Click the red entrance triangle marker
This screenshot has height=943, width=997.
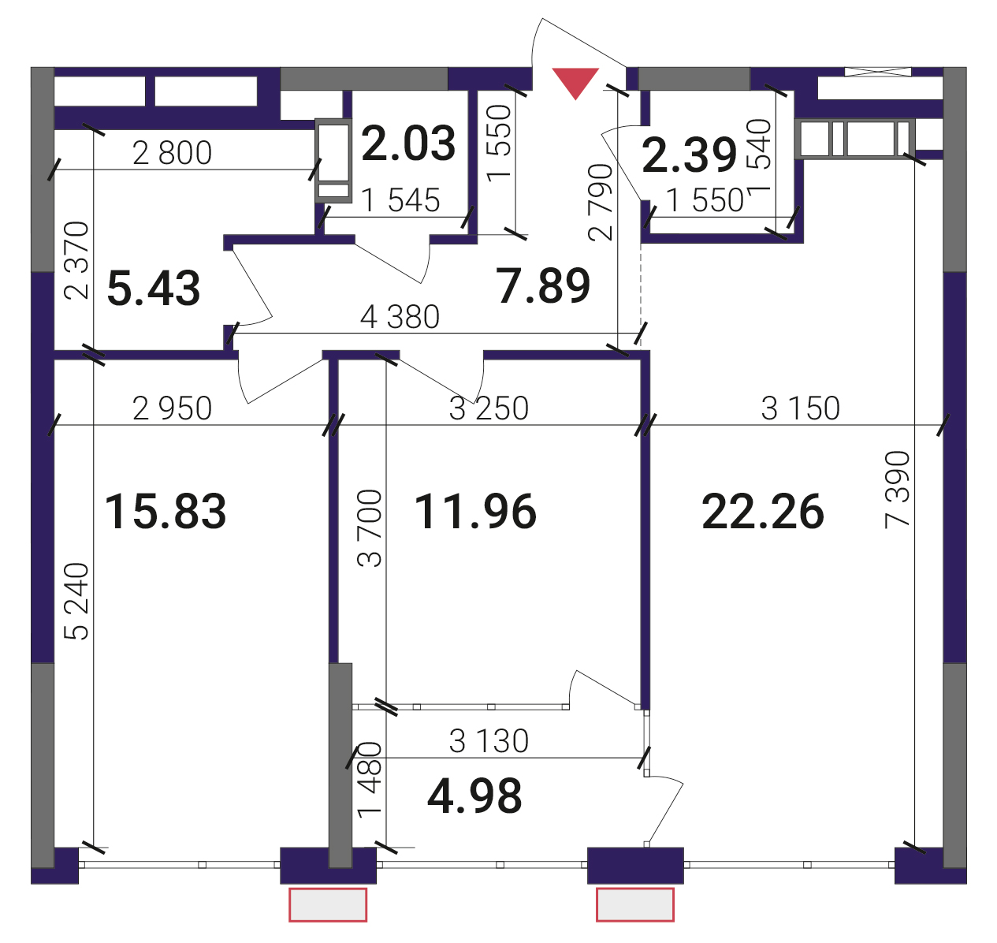pos(575,81)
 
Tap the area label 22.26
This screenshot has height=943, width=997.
pos(762,512)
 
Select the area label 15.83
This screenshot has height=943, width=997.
pos(166,512)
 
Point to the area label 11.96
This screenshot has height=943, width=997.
pos(475,512)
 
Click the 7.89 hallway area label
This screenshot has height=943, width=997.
pos(543,285)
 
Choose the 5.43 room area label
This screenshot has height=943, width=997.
pos(154,289)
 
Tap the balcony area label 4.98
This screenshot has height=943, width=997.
pos(474,796)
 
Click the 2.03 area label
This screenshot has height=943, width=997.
pos(408,143)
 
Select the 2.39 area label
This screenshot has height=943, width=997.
pos(689,155)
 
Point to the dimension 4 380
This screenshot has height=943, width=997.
pos(400,317)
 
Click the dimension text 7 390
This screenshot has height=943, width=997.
pos(897,490)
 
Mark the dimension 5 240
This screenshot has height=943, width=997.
pos(76,601)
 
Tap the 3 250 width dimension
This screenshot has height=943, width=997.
pos(489,408)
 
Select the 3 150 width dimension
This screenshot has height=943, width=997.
pos(800,408)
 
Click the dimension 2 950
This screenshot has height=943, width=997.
pos(172,408)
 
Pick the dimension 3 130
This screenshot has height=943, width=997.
pos(489,741)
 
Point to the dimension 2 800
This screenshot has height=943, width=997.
pos(172,153)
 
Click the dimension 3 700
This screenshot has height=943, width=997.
pos(369,527)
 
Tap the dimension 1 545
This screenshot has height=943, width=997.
pos(400,200)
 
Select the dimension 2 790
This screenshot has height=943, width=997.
pos(601,202)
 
